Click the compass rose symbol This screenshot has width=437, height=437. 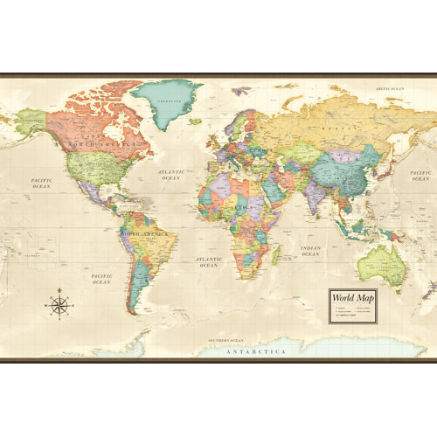[x=59, y=304]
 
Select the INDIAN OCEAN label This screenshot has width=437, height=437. [x=311, y=251]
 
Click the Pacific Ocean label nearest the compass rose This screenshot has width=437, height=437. [x=101, y=278]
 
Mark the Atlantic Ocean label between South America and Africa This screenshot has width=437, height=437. [x=209, y=261]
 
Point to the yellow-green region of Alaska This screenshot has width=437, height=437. [x=30, y=120]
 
